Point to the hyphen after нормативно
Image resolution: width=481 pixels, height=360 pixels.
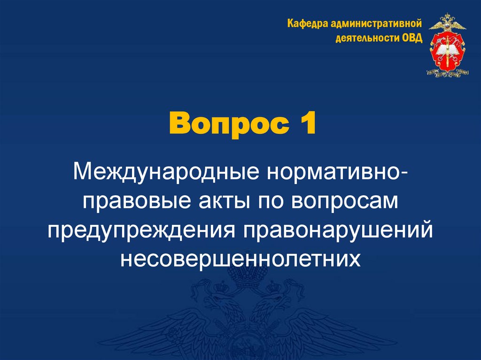[404, 174]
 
